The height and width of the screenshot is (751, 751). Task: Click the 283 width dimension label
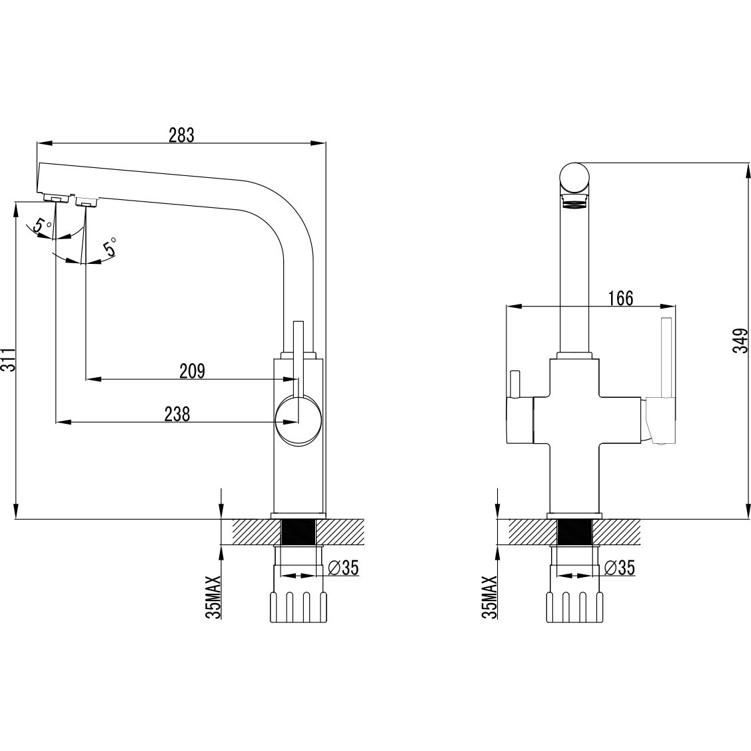(181, 135)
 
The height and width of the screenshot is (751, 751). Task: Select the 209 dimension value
(192, 371)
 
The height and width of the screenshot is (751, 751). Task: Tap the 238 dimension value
(177, 414)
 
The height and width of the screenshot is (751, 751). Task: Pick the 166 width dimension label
(621, 298)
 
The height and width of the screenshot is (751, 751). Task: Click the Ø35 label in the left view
(343, 568)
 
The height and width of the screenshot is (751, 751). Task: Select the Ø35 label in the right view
(619, 568)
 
